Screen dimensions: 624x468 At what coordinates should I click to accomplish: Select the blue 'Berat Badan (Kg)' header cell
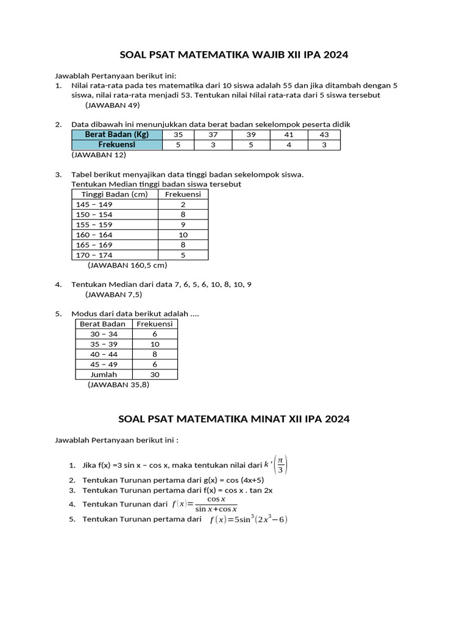tap(117, 135)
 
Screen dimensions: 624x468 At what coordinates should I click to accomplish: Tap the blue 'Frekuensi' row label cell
tap(117, 145)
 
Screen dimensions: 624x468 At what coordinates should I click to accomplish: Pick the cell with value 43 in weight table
tap(324, 135)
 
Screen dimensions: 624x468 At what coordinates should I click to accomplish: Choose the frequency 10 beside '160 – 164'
tap(183, 235)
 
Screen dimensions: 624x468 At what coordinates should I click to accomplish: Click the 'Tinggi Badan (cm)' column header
tap(115, 194)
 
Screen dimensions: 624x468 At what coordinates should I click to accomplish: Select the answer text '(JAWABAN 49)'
tap(113, 105)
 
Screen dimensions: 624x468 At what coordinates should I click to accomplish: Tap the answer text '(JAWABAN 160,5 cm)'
tap(127, 265)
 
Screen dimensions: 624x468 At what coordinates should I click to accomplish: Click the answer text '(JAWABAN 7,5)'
tap(114, 294)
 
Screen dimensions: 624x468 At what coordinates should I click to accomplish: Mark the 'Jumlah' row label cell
tap(104, 375)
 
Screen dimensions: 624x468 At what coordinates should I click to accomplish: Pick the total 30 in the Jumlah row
tap(155, 375)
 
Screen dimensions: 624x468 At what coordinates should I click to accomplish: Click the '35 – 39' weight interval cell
tap(104, 344)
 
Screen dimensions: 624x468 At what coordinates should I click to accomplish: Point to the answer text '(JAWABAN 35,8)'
tap(118, 385)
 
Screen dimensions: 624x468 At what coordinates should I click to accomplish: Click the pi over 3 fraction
tap(280, 465)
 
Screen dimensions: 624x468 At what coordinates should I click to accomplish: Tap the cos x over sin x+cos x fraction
tap(216, 504)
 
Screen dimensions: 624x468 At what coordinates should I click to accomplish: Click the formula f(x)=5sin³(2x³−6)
tap(248, 520)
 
